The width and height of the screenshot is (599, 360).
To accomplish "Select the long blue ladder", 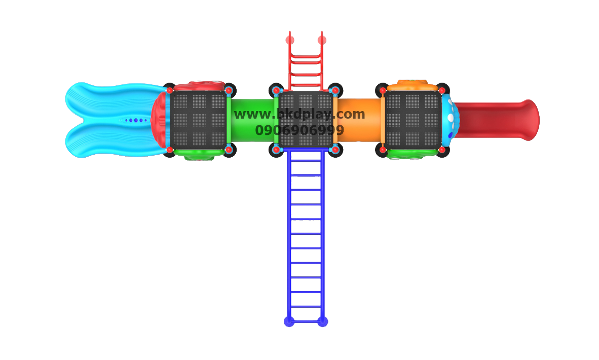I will coord(305,233).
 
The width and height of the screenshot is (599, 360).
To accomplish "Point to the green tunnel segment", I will coord(251,120).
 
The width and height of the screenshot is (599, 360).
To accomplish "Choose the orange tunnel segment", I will coord(360,120).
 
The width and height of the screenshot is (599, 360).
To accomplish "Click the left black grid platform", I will coord(198,120).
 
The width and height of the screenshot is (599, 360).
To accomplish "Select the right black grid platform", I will coord(413,120).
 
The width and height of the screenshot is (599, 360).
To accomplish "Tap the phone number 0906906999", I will coord(299,131).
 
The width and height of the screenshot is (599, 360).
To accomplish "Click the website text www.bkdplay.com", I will coord(299,114).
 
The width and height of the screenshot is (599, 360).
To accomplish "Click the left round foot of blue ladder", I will coord(289,321).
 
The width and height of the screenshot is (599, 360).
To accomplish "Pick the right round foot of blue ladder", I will coord(322,321).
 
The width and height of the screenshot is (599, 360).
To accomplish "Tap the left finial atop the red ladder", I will coord(290,38).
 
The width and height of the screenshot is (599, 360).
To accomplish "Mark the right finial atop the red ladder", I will coord(321,38).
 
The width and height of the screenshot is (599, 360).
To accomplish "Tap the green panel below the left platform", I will coord(199,155).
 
